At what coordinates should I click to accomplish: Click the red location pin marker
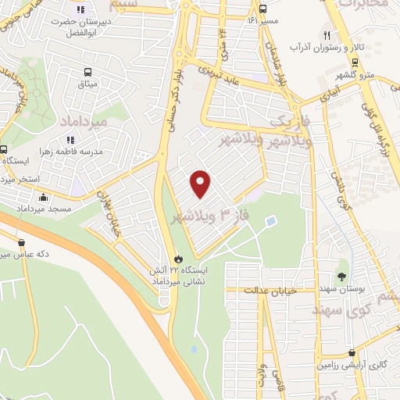click(x=201, y=183)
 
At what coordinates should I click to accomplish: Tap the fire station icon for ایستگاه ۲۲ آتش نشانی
click(x=179, y=259)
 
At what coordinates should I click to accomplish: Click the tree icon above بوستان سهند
click(x=341, y=277)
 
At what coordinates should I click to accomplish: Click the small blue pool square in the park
click(x=270, y=223)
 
